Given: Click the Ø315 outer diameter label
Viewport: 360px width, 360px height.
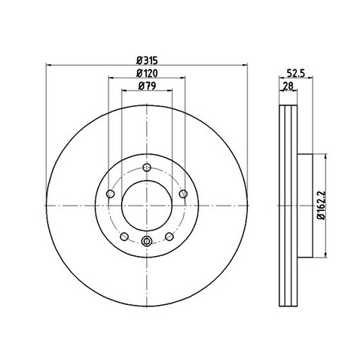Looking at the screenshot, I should pos(147,59).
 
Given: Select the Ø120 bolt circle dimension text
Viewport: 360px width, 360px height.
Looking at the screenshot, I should pos(147,73).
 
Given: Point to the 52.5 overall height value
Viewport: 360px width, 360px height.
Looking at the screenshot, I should pos(294,73).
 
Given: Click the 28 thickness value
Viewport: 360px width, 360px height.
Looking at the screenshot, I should pos(288,87).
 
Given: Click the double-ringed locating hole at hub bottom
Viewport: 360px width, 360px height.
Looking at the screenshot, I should pos(146,241).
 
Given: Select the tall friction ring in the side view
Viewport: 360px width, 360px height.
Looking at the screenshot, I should pos(287,205).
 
